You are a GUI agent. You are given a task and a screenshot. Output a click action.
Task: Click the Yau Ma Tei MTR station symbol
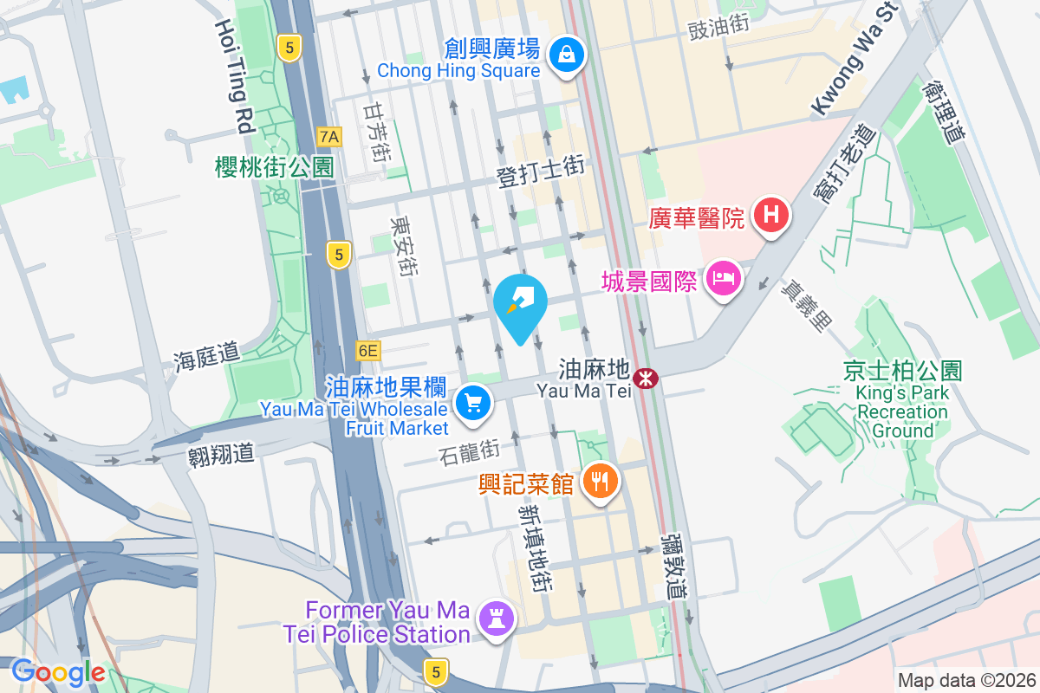645,378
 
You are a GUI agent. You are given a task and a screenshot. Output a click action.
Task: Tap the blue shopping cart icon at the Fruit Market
472,403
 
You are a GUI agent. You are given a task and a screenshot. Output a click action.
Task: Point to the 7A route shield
329,136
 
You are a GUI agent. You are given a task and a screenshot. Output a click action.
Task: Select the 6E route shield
367,351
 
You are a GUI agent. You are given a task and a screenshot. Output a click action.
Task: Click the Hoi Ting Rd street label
231,77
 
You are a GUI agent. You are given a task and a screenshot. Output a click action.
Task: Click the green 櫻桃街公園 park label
274,167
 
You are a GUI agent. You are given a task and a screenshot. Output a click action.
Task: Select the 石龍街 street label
468,450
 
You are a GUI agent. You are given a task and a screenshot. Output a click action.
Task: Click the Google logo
58,671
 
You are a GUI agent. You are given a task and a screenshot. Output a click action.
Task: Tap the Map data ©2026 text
966,680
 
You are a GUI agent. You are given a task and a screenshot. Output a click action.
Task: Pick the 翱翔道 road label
220,454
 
